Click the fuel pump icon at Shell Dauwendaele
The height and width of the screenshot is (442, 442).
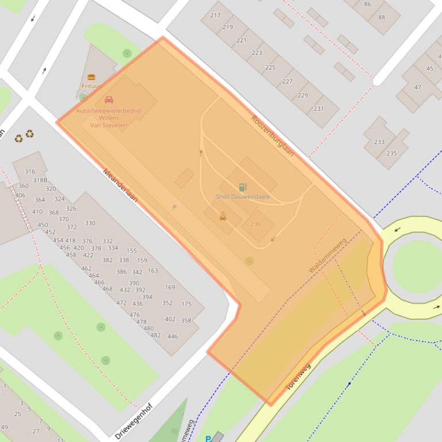[243, 187]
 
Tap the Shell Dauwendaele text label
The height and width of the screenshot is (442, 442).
[243, 196]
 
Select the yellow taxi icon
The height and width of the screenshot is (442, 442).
[222, 216]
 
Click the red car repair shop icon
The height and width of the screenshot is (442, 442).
[109, 100]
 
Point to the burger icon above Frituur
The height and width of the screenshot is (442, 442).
[91, 77]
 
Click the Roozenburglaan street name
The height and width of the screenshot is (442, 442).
[273, 136]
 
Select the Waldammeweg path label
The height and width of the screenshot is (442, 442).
[327, 256]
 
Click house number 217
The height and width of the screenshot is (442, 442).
[215, 15]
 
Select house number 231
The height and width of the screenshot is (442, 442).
[318, 108]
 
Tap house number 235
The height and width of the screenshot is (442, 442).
[391, 153]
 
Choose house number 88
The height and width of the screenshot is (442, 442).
[382, 17]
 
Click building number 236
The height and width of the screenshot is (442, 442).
[255, 224]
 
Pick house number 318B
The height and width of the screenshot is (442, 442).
[40, 180]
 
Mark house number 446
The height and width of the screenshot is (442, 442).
[172, 336]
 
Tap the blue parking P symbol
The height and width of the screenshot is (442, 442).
[207, 439]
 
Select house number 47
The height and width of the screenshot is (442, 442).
[417, 88]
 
